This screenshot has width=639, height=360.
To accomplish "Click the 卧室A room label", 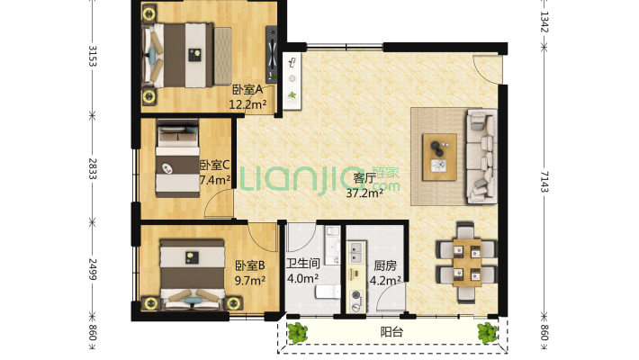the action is [247, 89].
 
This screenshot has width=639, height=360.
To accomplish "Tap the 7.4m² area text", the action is [215, 180].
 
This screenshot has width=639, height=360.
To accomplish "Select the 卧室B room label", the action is [250, 265].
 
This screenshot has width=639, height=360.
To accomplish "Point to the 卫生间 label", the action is [302, 264].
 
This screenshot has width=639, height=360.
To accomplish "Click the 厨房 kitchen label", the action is [385, 265].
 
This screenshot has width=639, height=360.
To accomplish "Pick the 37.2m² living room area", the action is [364, 193].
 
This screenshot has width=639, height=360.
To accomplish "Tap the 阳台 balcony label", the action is [391, 332].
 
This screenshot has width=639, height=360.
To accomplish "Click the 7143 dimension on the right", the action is [544, 182].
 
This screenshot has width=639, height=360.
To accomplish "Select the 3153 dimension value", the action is [93, 56].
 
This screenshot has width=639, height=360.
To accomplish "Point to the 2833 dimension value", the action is [93, 169].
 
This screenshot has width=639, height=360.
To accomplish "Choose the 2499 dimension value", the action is [93, 269].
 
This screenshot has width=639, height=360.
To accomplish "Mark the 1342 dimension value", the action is [544, 22].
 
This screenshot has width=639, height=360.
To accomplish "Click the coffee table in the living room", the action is [439, 157].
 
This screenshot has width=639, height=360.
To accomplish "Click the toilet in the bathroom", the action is [328, 292].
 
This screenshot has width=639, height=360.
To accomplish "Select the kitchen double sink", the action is [355, 252].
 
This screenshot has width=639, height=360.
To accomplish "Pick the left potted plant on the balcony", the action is [298, 332].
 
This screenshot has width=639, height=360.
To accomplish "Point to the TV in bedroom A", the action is [272, 54].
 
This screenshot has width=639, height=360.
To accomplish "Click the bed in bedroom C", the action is [177, 158].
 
